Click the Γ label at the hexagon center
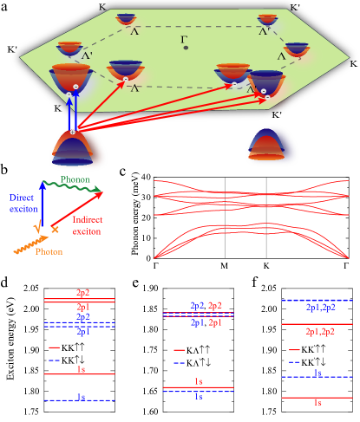[x=184, y=40]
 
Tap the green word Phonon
[x=75, y=180]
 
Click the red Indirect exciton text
[x=86, y=226]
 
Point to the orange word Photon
[x=49, y=251]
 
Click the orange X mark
[x=55, y=230]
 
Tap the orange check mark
[x=36, y=228]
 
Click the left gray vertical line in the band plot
[x=226, y=217]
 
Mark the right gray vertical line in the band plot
[x=266, y=217]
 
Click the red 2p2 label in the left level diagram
[x=82, y=294]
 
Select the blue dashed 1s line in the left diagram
[x=80, y=401]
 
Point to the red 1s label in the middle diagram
[x=199, y=381]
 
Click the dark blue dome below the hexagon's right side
[x=272, y=146]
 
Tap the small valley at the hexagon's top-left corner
[x=126, y=18]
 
